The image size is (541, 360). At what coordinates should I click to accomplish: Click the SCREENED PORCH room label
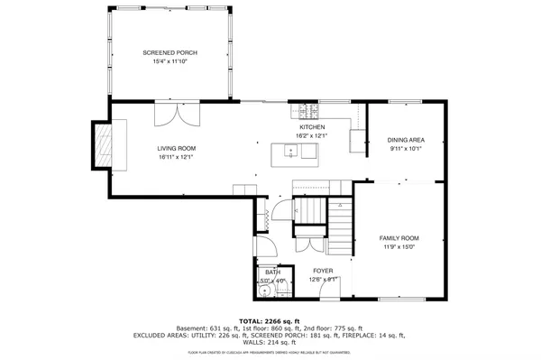point(170,53)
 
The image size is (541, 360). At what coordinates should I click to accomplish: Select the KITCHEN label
point(312,128)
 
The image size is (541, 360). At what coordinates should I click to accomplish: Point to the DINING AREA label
point(405,141)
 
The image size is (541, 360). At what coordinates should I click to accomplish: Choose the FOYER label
point(323,270)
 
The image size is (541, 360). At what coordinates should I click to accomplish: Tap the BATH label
point(271,272)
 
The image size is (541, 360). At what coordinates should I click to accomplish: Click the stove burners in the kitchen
point(307,111)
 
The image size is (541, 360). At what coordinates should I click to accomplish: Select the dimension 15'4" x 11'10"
point(170,62)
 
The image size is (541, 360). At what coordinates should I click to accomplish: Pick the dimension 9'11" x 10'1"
point(405,150)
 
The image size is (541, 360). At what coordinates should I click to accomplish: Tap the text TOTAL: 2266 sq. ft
point(270,320)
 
